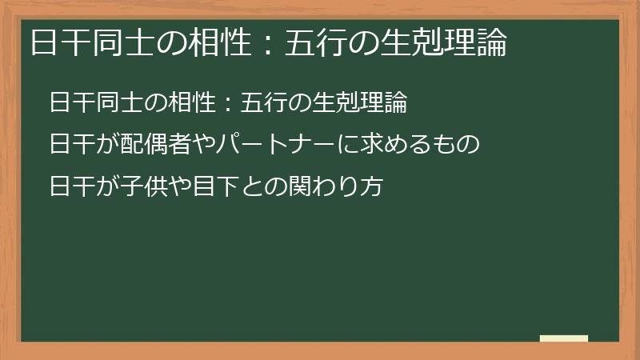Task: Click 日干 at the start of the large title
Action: point(55,42)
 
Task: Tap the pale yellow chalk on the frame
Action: point(564,339)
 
